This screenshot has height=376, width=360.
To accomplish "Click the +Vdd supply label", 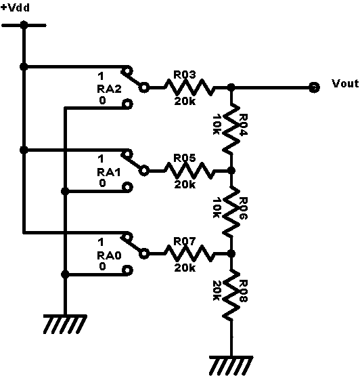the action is pyautogui.click(x=15, y=7).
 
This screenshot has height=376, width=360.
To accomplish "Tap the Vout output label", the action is pyautogui.click(x=345, y=83).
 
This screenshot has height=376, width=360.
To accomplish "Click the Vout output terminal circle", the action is pyautogui.click(x=314, y=87).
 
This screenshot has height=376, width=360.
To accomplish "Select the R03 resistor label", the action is pyautogui.click(x=185, y=75).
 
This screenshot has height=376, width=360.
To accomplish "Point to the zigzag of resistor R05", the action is pyautogui.click(x=189, y=171).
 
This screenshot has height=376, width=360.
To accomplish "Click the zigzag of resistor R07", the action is pyautogui.click(x=189, y=253).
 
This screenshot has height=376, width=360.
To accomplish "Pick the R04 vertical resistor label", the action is pyautogui.click(x=243, y=125).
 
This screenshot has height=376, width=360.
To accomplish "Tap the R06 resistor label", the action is pyautogui.click(x=243, y=208).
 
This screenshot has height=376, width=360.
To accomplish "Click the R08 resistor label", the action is pyautogui.click(x=243, y=291).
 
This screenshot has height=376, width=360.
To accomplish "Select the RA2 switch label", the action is pyautogui.click(x=109, y=89).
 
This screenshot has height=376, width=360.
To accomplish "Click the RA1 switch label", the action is pyautogui.click(x=108, y=172).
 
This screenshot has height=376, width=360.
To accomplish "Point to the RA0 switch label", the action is pyautogui.click(x=109, y=255).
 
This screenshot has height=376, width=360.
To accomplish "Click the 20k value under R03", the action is pyautogui.click(x=185, y=101).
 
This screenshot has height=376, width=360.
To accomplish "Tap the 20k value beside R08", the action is pyautogui.click(x=217, y=291).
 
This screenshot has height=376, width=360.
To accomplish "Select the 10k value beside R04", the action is pyautogui.click(x=217, y=125).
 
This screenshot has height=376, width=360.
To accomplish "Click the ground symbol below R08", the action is pyautogui.click(x=231, y=365).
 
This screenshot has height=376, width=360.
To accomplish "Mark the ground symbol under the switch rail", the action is pyautogui.click(x=65, y=324).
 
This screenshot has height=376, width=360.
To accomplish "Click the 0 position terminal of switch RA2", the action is pyautogui.click(x=127, y=104).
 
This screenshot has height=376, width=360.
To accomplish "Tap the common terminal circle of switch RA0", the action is pyautogui.click(x=144, y=253).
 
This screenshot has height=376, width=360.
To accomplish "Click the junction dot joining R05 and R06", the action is pyautogui.click(x=231, y=171).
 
